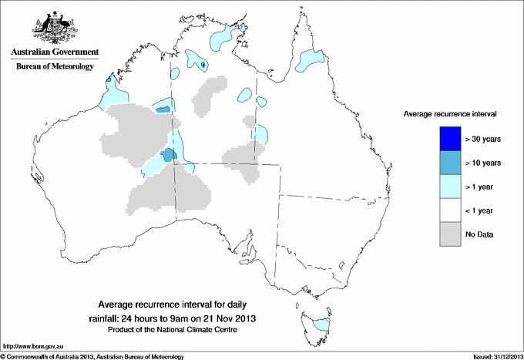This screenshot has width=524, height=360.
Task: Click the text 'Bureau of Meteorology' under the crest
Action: coord(55,67)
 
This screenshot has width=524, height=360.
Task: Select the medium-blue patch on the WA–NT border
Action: coord(170,156)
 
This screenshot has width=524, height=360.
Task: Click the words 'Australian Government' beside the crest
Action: coord(55,52)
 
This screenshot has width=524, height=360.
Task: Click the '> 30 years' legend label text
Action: coord(483,139)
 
